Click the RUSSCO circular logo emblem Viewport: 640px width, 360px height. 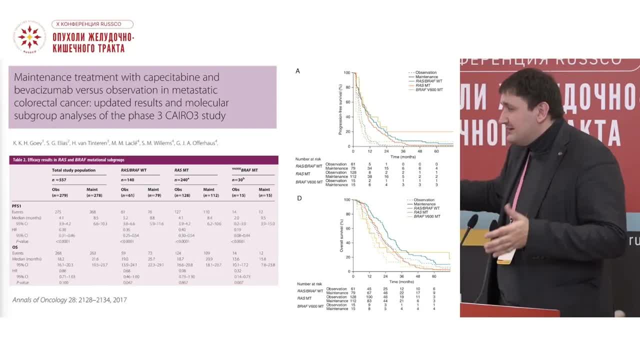click(29, 37)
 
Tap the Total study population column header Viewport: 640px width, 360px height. click(73, 170)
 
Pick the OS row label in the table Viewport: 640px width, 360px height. click(15, 246)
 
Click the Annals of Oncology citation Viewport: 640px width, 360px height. click(69, 300)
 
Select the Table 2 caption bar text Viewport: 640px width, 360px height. click(67, 160)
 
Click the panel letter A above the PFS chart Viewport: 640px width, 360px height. click(298, 71)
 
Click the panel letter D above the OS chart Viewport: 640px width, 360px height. click(299, 198)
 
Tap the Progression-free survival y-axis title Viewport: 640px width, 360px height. click(340, 109)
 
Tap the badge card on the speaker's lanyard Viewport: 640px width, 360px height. click(506, 256)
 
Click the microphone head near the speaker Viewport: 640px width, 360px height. click(472, 221)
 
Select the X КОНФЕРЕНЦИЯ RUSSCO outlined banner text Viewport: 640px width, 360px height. click(92, 24)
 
